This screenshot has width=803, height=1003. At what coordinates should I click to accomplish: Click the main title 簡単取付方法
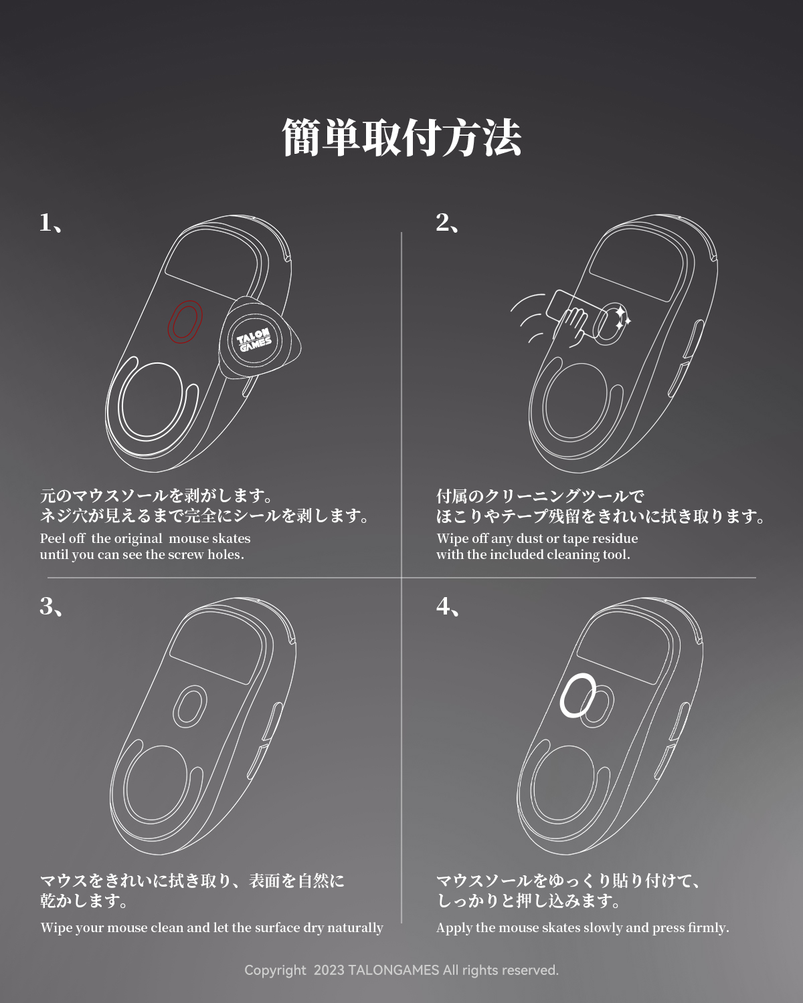pos(401,138)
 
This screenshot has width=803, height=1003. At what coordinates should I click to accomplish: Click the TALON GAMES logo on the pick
pos(254,340)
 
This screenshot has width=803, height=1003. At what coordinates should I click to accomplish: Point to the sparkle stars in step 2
pos(622,318)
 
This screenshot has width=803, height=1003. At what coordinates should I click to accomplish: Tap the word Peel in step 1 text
pos(50,538)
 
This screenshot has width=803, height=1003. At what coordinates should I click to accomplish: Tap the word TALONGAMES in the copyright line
pos(393,970)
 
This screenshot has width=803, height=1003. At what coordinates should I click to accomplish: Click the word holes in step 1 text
pos(226,554)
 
